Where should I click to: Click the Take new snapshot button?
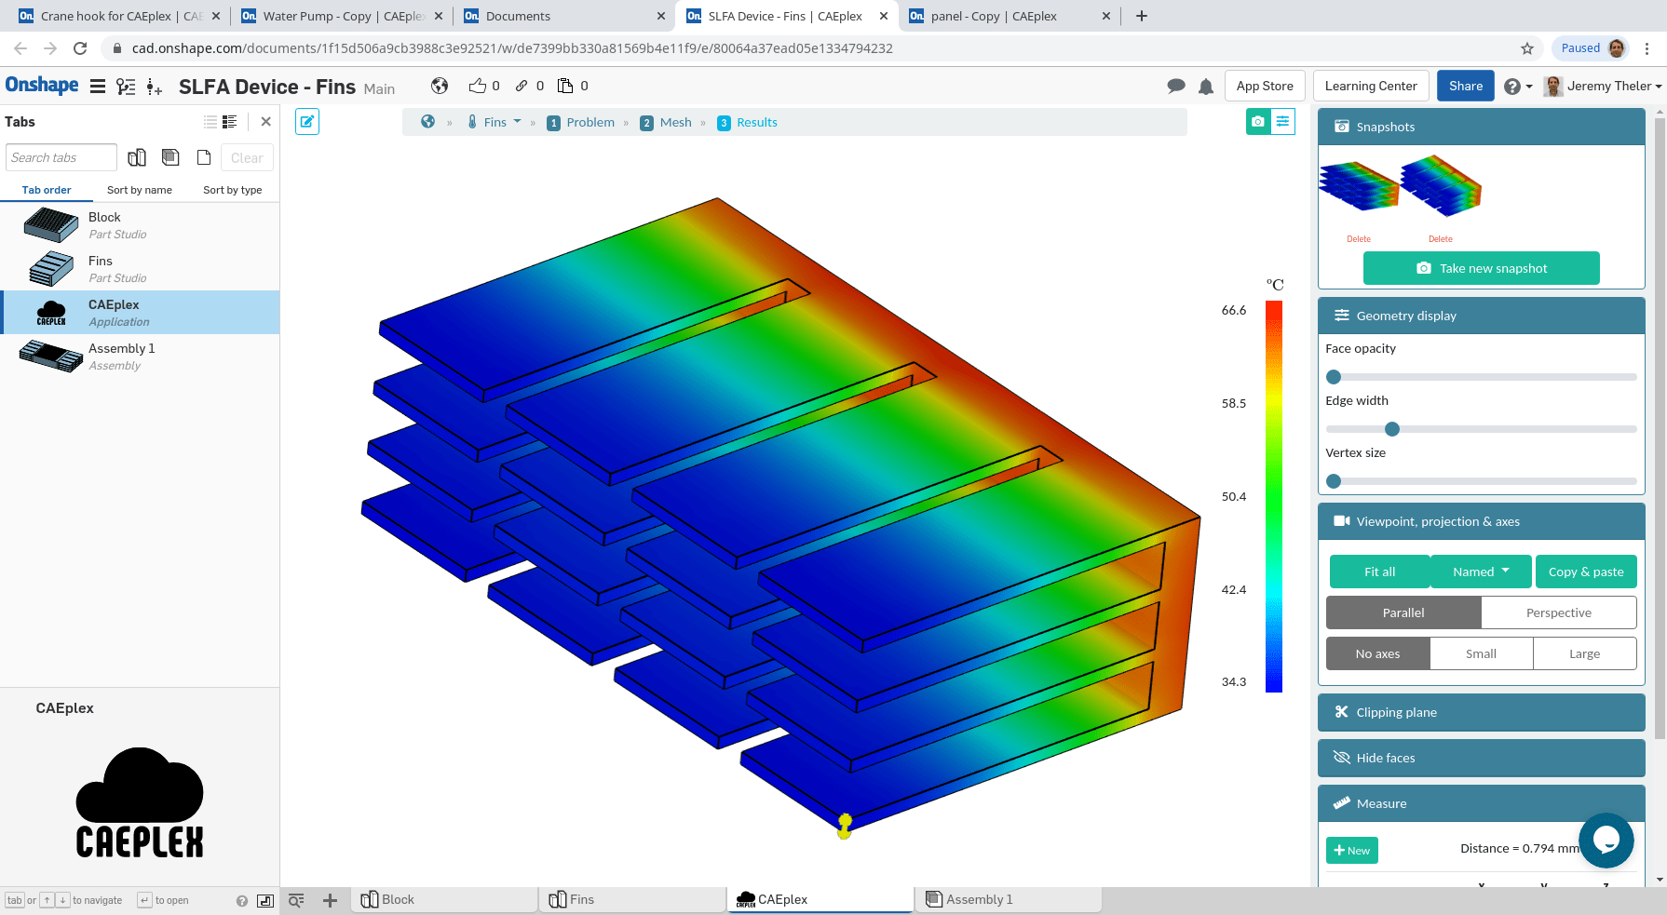coord(1481,268)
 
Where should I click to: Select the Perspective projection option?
coord(1558,612)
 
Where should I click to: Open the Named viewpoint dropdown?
coord(1481,572)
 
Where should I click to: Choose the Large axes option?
coord(1584,653)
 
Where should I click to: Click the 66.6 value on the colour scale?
coord(1233,311)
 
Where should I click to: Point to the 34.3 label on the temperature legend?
coord(1233,682)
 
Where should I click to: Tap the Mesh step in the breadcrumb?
coord(675,122)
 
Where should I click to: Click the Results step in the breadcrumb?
coord(756,122)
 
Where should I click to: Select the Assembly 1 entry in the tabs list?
coord(121,356)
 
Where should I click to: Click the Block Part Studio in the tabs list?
coord(104,224)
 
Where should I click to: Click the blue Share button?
coord(1465,86)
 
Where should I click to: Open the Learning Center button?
coord(1370,86)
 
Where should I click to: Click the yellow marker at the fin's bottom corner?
coord(845,826)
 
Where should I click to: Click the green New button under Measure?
coord(1351,850)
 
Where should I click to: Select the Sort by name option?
coord(140,190)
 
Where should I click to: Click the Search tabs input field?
coord(61,157)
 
